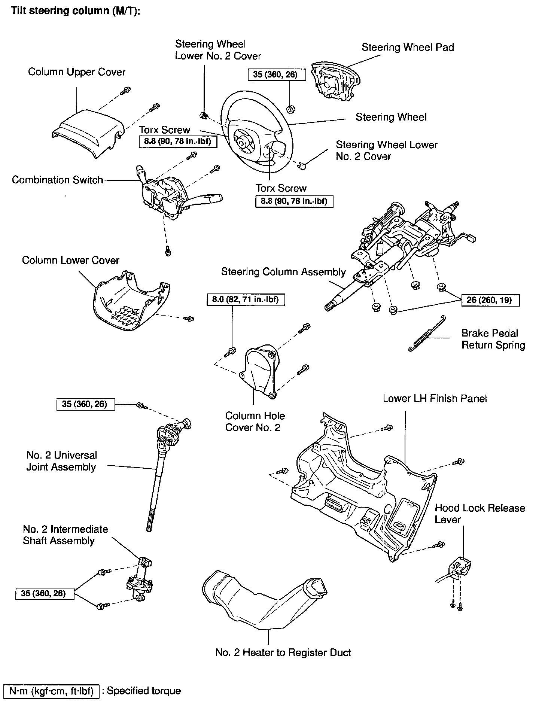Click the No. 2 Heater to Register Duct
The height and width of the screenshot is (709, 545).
[262, 603]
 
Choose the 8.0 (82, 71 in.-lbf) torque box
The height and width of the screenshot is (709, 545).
[246, 299]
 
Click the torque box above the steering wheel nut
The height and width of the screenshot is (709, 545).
[277, 74]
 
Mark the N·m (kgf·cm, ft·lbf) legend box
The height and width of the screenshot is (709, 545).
[52, 691]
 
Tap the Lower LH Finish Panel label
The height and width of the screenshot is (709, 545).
[435, 398]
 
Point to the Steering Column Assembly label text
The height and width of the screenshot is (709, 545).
[283, 271]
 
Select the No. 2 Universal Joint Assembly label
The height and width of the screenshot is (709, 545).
[61, 461]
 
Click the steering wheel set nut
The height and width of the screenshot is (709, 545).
[290, 109]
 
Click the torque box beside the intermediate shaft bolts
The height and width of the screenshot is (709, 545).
[45, 593]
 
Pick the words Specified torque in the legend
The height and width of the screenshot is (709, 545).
[144, 691]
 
